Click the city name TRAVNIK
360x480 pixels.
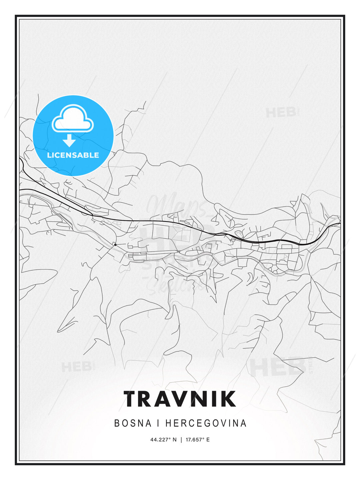(180, 399)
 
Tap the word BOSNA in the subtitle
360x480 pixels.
(133, 423)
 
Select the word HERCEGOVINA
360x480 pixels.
(206, 423)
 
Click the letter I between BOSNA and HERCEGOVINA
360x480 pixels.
(159, 423)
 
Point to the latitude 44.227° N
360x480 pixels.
(163, 440)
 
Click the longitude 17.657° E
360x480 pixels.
(198, 440)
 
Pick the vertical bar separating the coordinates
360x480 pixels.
(181, 440)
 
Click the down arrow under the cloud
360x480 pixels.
(69, 140)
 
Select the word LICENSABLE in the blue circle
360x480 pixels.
(73, 155)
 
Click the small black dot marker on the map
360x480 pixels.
(115, 245)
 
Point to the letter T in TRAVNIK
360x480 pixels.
(133, 399)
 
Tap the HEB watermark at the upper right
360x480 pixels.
(281, 112)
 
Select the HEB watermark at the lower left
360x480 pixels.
(76, 367)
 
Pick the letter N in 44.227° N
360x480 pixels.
(174, 440)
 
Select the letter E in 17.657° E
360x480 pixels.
(208, 440)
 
